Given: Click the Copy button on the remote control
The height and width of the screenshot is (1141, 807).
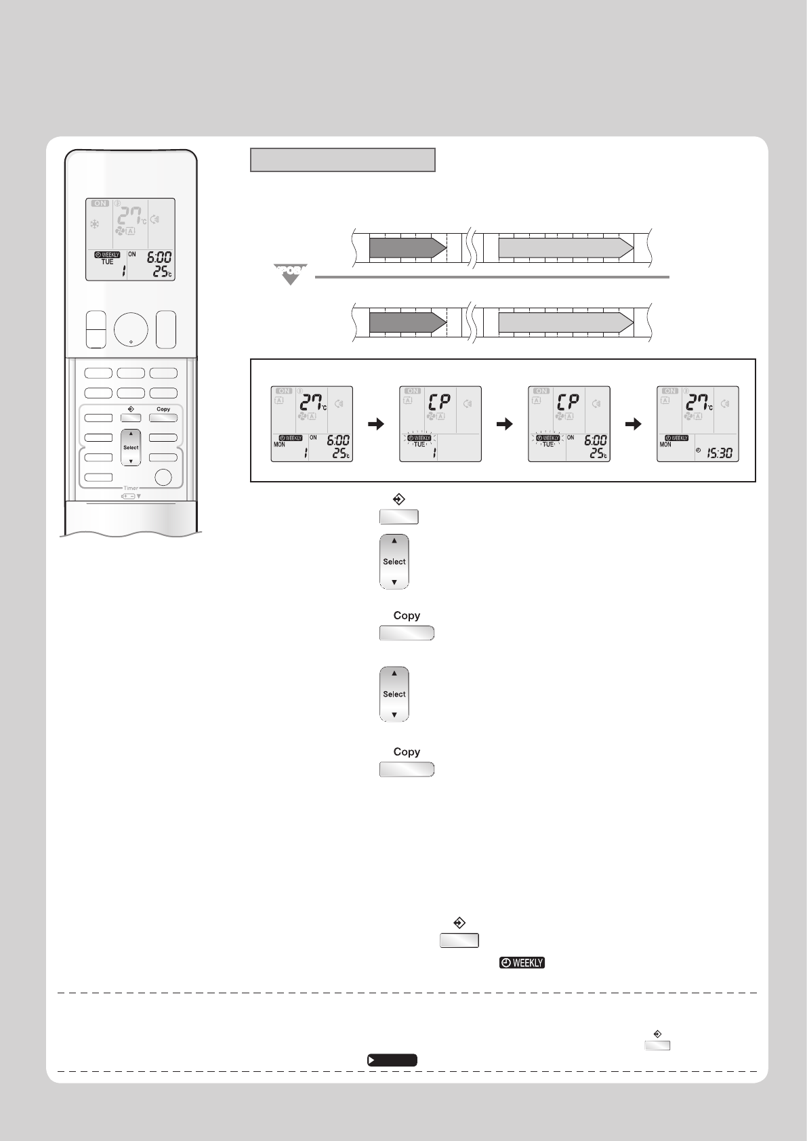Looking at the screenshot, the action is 163,418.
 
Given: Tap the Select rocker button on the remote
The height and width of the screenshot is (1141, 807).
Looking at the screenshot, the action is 131,447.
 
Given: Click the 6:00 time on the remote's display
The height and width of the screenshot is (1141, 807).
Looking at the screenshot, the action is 159,257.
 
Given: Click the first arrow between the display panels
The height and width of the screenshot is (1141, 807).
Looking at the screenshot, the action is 375,424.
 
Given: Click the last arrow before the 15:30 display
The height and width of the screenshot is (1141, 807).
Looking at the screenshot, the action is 632,424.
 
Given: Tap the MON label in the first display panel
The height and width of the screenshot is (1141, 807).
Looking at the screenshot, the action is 278,444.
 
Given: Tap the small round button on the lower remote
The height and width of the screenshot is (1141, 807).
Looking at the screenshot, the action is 163,477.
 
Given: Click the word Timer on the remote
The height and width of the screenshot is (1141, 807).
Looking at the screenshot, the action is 131,488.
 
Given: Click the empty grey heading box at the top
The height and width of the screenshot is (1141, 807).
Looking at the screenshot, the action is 342,160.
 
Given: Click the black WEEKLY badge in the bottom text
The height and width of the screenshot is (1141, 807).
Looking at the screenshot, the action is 522,963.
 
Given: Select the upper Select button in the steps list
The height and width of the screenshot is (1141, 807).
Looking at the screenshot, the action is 394,562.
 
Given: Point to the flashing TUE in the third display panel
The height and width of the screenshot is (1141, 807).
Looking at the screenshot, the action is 548,444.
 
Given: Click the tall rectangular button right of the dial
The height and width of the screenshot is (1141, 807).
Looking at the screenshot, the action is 165,329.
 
